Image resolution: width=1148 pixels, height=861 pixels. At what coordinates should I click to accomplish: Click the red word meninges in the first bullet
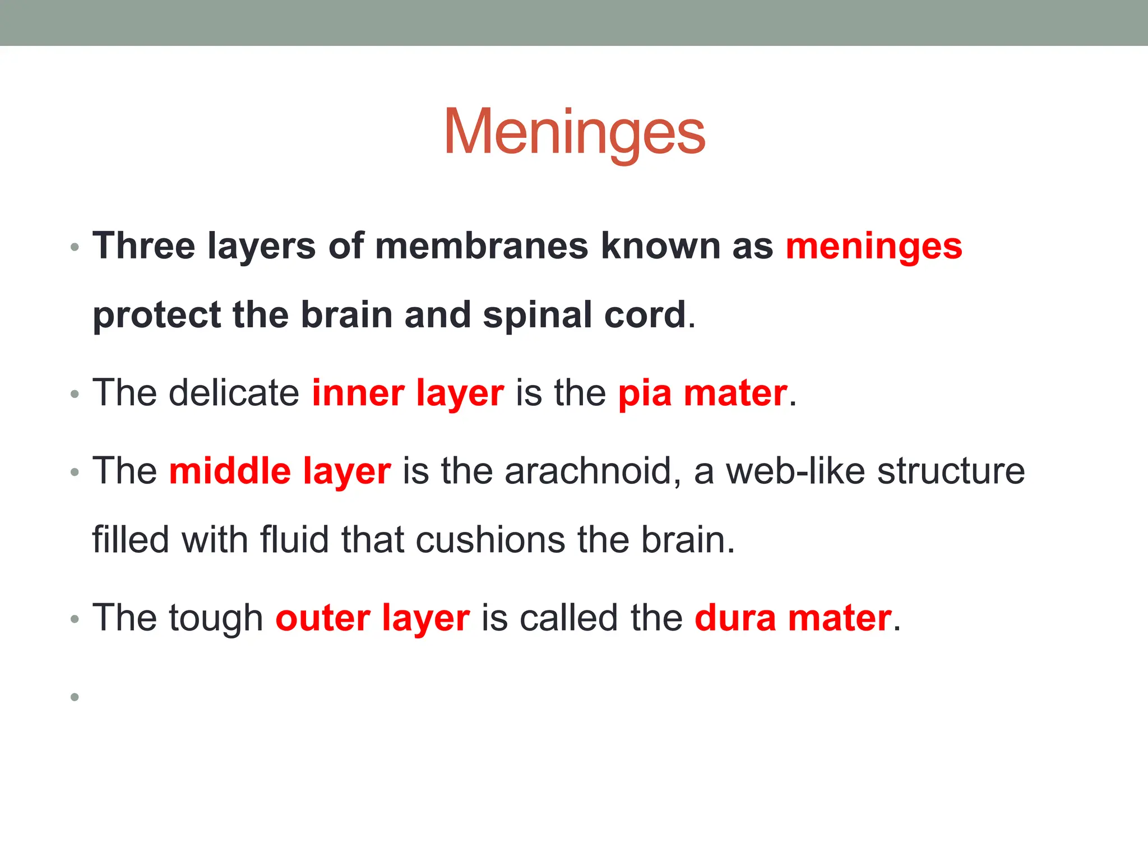pyautogui.click(x=873, y=247)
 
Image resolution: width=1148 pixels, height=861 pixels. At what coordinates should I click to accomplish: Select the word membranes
pyautogui.click(x=482, y=247)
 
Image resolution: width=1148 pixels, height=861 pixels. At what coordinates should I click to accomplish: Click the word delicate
pyautogui.click(x=234, y=393)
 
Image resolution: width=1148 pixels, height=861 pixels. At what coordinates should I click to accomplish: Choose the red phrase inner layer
pyautogui.click(x=408, y=393)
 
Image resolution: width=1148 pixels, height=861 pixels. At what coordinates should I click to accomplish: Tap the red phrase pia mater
pyautogui.click(x=702, y=393)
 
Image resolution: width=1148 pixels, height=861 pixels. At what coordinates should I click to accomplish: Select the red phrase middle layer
pyautogui.click(x=280, y=471)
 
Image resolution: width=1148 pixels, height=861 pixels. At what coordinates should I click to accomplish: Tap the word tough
pyautogui.click(x=216, y=618)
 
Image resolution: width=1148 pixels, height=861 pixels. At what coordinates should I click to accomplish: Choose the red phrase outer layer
pyautogui.click(x=372, y=618)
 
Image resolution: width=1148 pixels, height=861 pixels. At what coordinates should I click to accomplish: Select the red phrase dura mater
pyautogui.click(x=793, y=618)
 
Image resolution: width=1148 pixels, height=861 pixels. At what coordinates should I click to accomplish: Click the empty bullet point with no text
pyautogui.click(x=75, y=697)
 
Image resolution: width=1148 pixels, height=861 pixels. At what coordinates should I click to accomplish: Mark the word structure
pyautogui.click(x=951, y=471)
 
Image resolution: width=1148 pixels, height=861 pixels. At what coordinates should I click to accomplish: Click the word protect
pyautogui.click(x=156, y=315)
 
